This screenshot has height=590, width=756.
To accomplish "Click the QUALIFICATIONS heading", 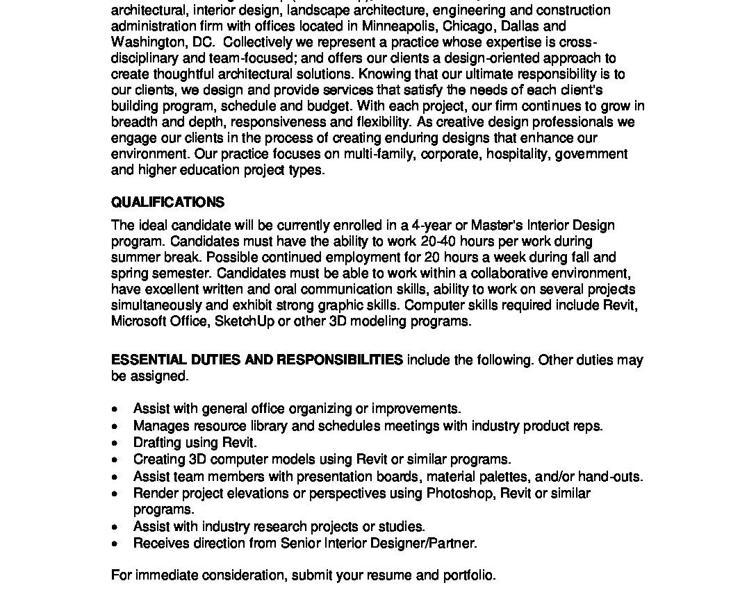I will click(167, 203).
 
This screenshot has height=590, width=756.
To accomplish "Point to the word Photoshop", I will click(457, 494).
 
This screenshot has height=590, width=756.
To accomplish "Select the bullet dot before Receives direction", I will click(115, 544).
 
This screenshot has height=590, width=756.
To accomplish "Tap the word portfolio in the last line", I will click(470, 575).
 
